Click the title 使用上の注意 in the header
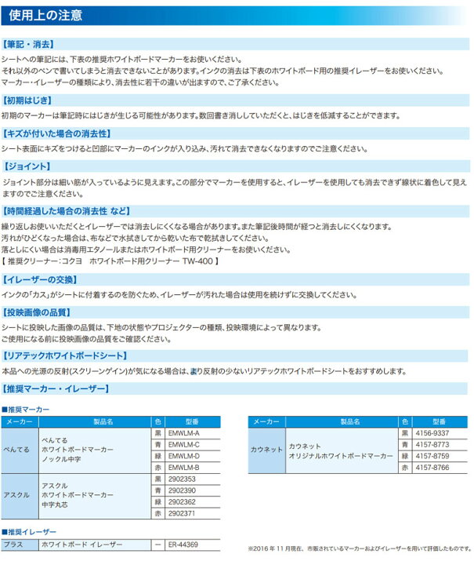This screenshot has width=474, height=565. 45,16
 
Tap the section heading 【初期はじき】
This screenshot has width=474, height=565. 28,101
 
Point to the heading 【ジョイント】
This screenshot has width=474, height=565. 27,166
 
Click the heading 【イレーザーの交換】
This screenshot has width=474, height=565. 38,279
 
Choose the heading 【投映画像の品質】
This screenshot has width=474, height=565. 38,312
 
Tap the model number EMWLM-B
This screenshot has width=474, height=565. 184,467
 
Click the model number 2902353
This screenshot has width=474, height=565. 183,479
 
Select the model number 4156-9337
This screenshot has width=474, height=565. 432,433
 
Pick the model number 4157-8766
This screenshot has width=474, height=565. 432,467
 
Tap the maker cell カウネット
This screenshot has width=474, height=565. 266,450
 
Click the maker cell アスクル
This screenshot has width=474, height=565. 17,495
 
